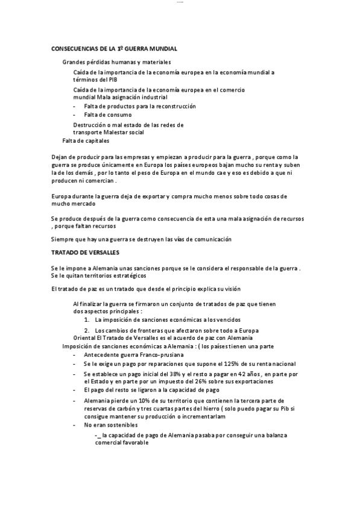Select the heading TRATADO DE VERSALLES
coord(85,252)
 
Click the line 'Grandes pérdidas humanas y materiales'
coord(116,62)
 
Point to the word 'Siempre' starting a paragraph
coord(63,239)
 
